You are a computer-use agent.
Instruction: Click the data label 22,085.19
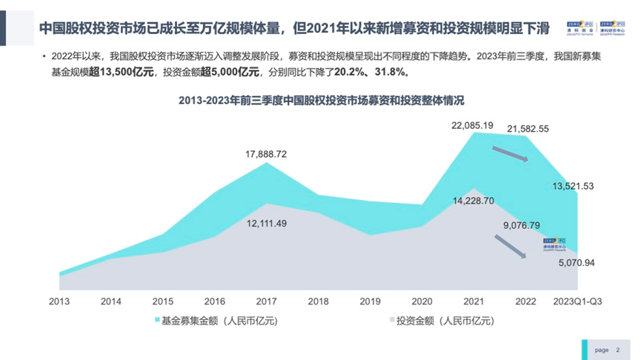click(472, 125)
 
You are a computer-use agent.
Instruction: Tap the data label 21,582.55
click(528, 129)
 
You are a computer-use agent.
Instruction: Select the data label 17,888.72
click(266, 154)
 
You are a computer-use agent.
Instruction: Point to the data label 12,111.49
click(266, 224)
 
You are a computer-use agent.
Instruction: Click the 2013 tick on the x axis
click(59, 301)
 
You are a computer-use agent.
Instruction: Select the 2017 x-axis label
click(266, 301)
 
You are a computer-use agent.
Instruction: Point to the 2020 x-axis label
click(422, 301)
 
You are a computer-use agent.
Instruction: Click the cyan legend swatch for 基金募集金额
click(156, 321)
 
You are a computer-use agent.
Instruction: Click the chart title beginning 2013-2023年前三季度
click(320, 100)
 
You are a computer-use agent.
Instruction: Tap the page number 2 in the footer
click(618, 350)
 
